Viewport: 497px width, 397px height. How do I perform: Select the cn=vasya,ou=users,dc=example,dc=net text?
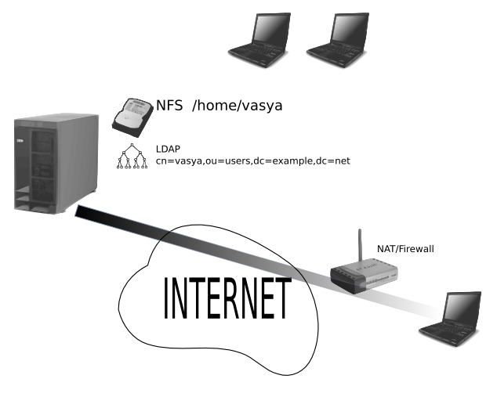(x=252, y=161)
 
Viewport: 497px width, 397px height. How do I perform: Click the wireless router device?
(x=364, y=276)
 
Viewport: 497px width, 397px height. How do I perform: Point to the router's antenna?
(x=360, y=247)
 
